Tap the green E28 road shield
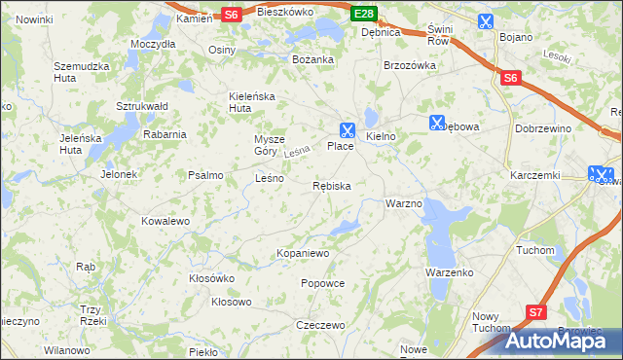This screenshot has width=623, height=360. (364, 14)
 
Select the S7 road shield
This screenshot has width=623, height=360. (536, 311)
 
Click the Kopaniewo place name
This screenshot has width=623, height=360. (304, 253)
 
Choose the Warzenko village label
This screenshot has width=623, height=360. (449, 272)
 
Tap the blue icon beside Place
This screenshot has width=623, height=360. (347, 128)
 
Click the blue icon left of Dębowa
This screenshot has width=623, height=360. (436, 123)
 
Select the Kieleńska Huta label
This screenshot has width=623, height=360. (253, 102)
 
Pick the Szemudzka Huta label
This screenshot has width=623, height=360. (79, 72)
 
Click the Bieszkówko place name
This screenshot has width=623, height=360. (284, 12)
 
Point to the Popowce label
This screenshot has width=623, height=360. (323, 283)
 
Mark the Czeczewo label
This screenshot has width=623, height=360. (321, 325)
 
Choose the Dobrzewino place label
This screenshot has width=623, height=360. (570, 127)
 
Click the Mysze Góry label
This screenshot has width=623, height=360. (272, 144)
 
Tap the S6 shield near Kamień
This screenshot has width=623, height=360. (231, 14)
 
